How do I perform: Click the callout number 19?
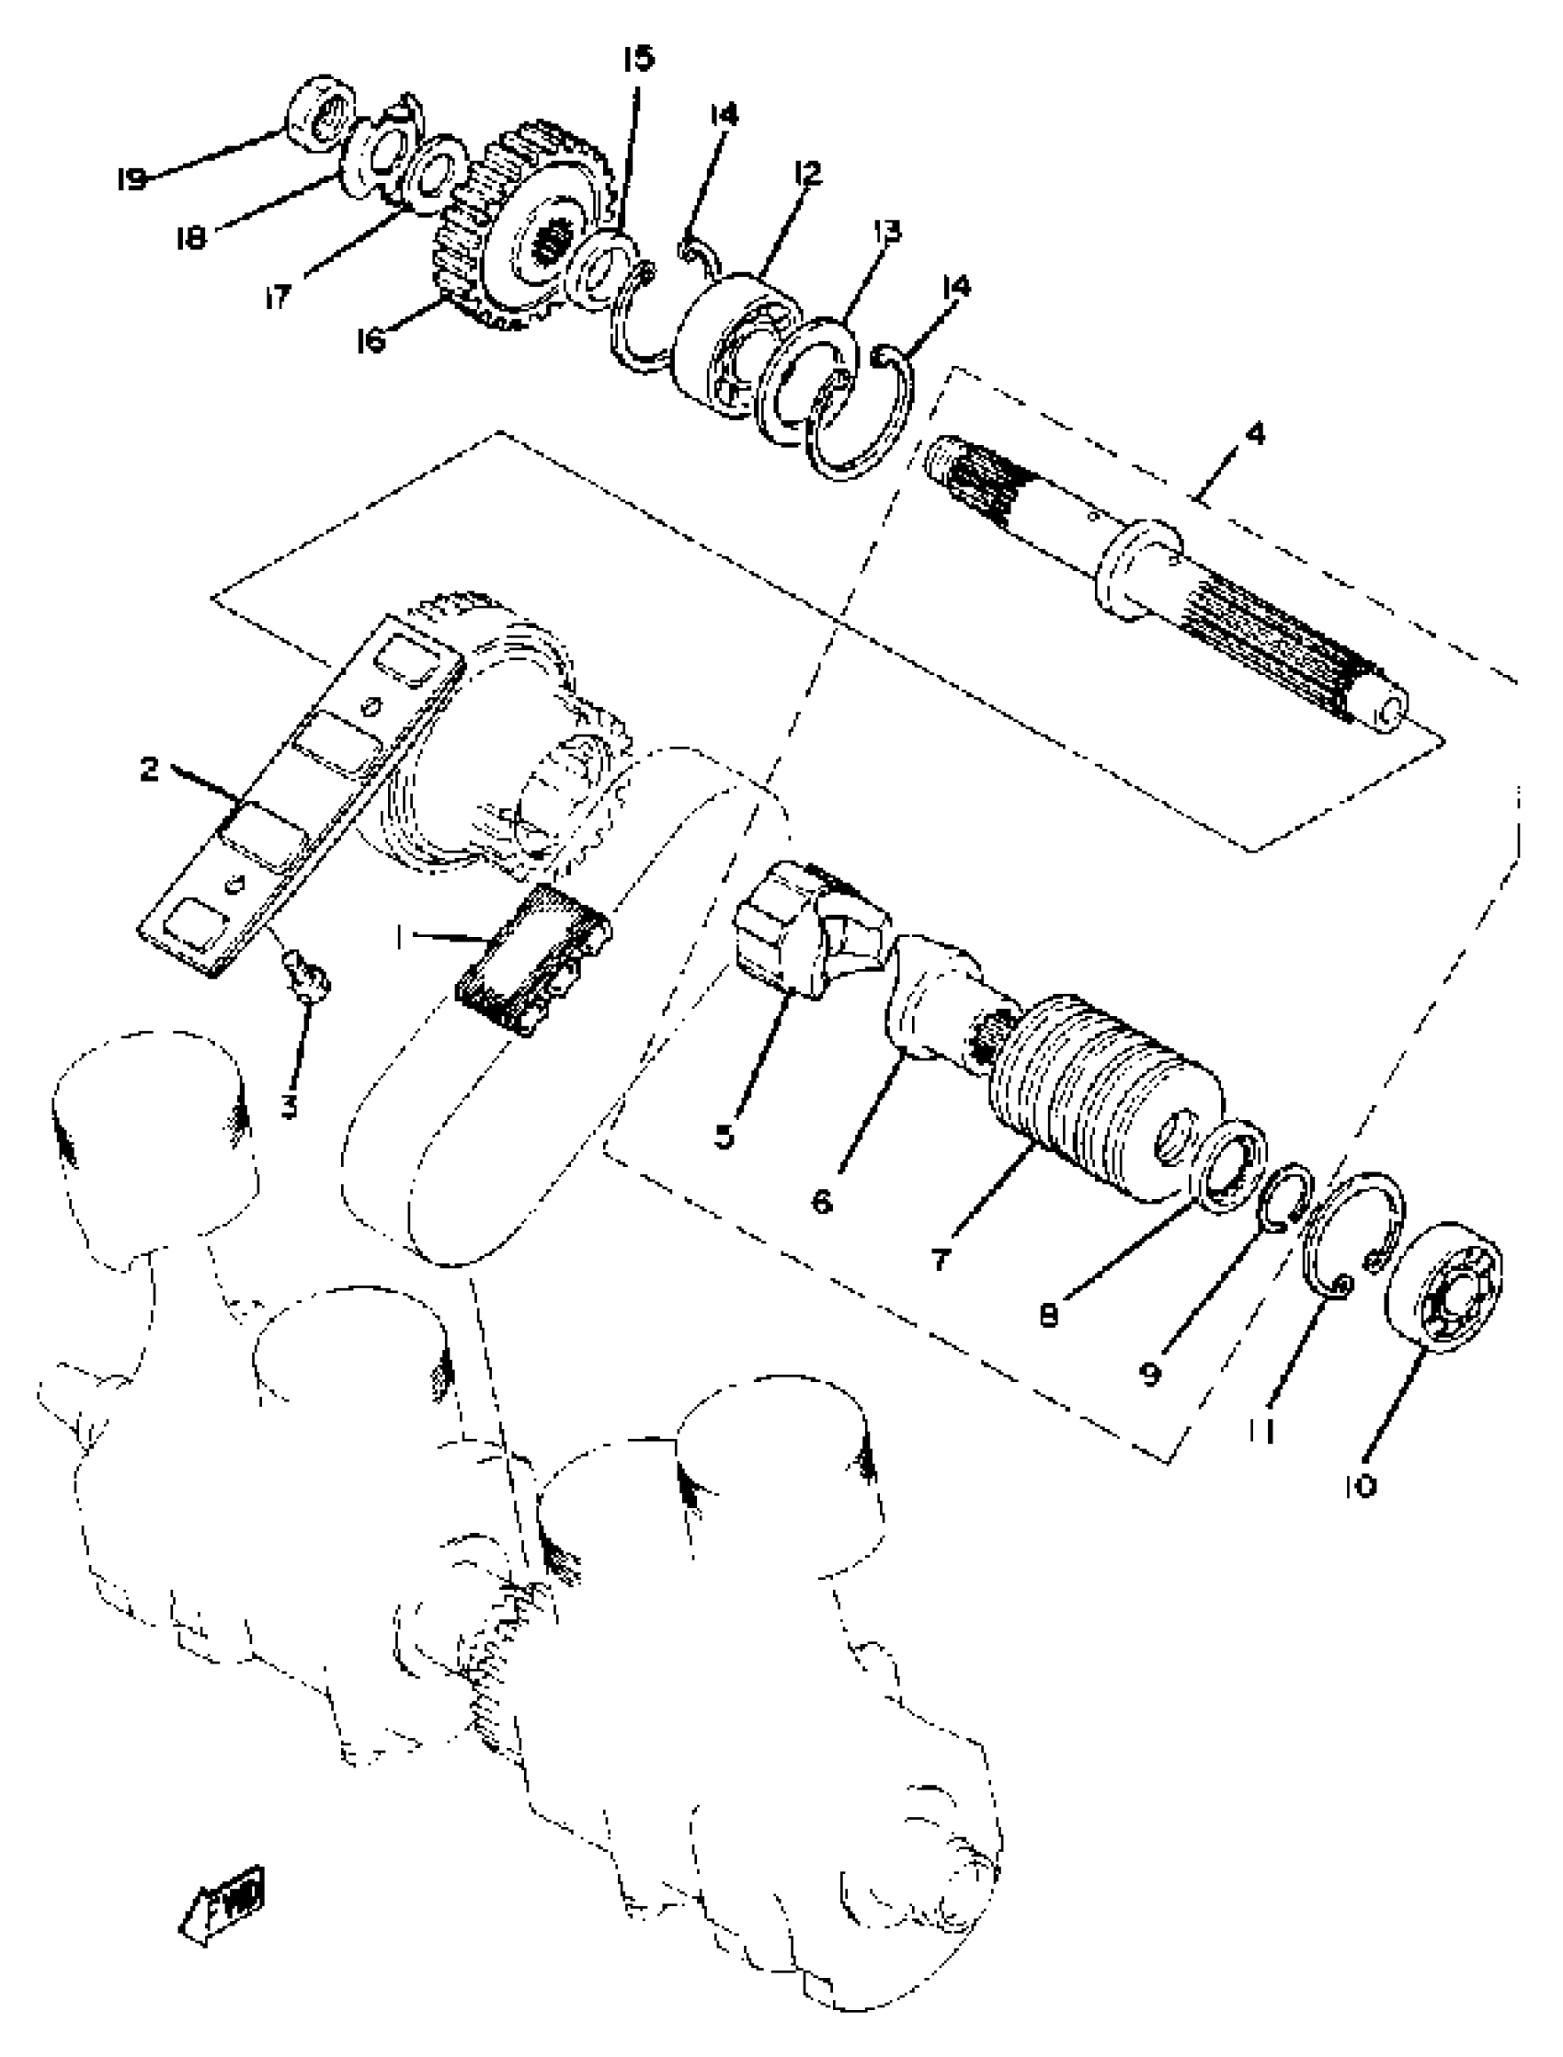coord(132,177)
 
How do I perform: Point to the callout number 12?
coord(806,174)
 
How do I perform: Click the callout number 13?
coord(887,231)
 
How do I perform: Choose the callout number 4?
coord(1255,433)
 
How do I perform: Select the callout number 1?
coord(399,940)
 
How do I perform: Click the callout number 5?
coord(724,1135)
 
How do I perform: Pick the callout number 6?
coord(822,1201)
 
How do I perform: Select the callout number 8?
coord(1048,1316)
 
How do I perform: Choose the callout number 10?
coord(1359,1487)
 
